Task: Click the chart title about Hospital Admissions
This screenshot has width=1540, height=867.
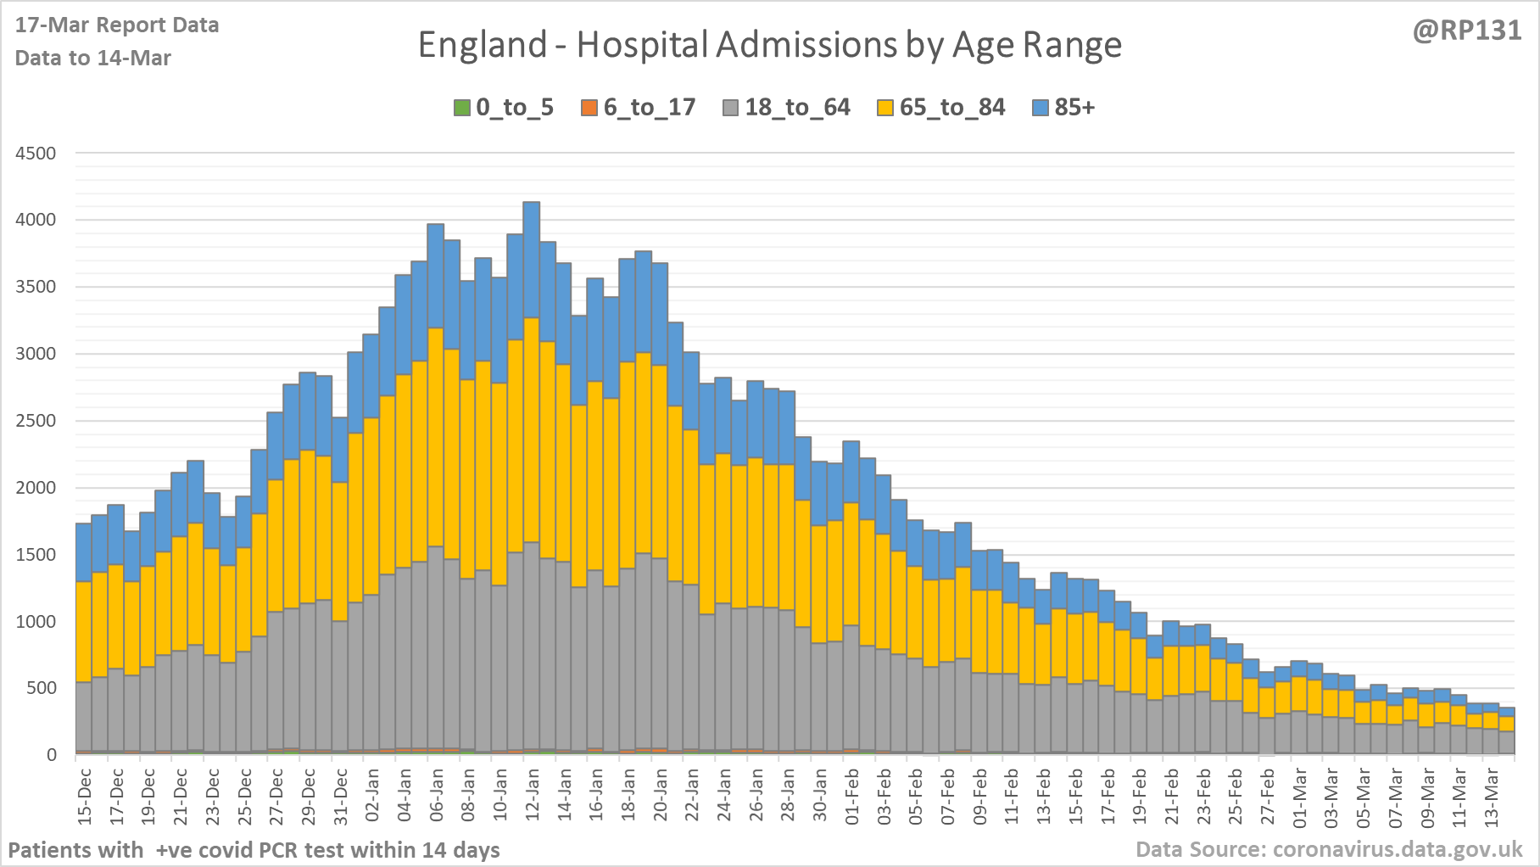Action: [x=769, y=45]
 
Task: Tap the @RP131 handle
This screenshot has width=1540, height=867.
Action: [x=1466, y=31]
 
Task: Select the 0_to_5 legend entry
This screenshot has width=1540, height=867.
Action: [x=504, y=108]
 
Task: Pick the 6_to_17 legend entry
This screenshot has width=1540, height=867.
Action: [x=638, y=108]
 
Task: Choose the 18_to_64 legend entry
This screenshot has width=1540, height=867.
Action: [x=786, y=108]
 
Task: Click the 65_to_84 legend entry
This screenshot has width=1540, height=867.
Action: [x=940, y=108]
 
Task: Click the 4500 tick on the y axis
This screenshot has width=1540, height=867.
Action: [x=36, y=154]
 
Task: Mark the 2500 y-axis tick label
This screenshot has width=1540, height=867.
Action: [x=36, y=421]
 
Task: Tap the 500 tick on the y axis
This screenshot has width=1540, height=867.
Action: [x=41, y=688]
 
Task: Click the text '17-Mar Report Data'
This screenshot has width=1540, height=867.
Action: [x=117, y=25]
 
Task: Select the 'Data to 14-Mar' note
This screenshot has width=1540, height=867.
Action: [x=93, y=59]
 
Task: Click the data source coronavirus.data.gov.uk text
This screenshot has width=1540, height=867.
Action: [x=1329, y=849]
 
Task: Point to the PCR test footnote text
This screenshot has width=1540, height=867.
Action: [x=254, y=850]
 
